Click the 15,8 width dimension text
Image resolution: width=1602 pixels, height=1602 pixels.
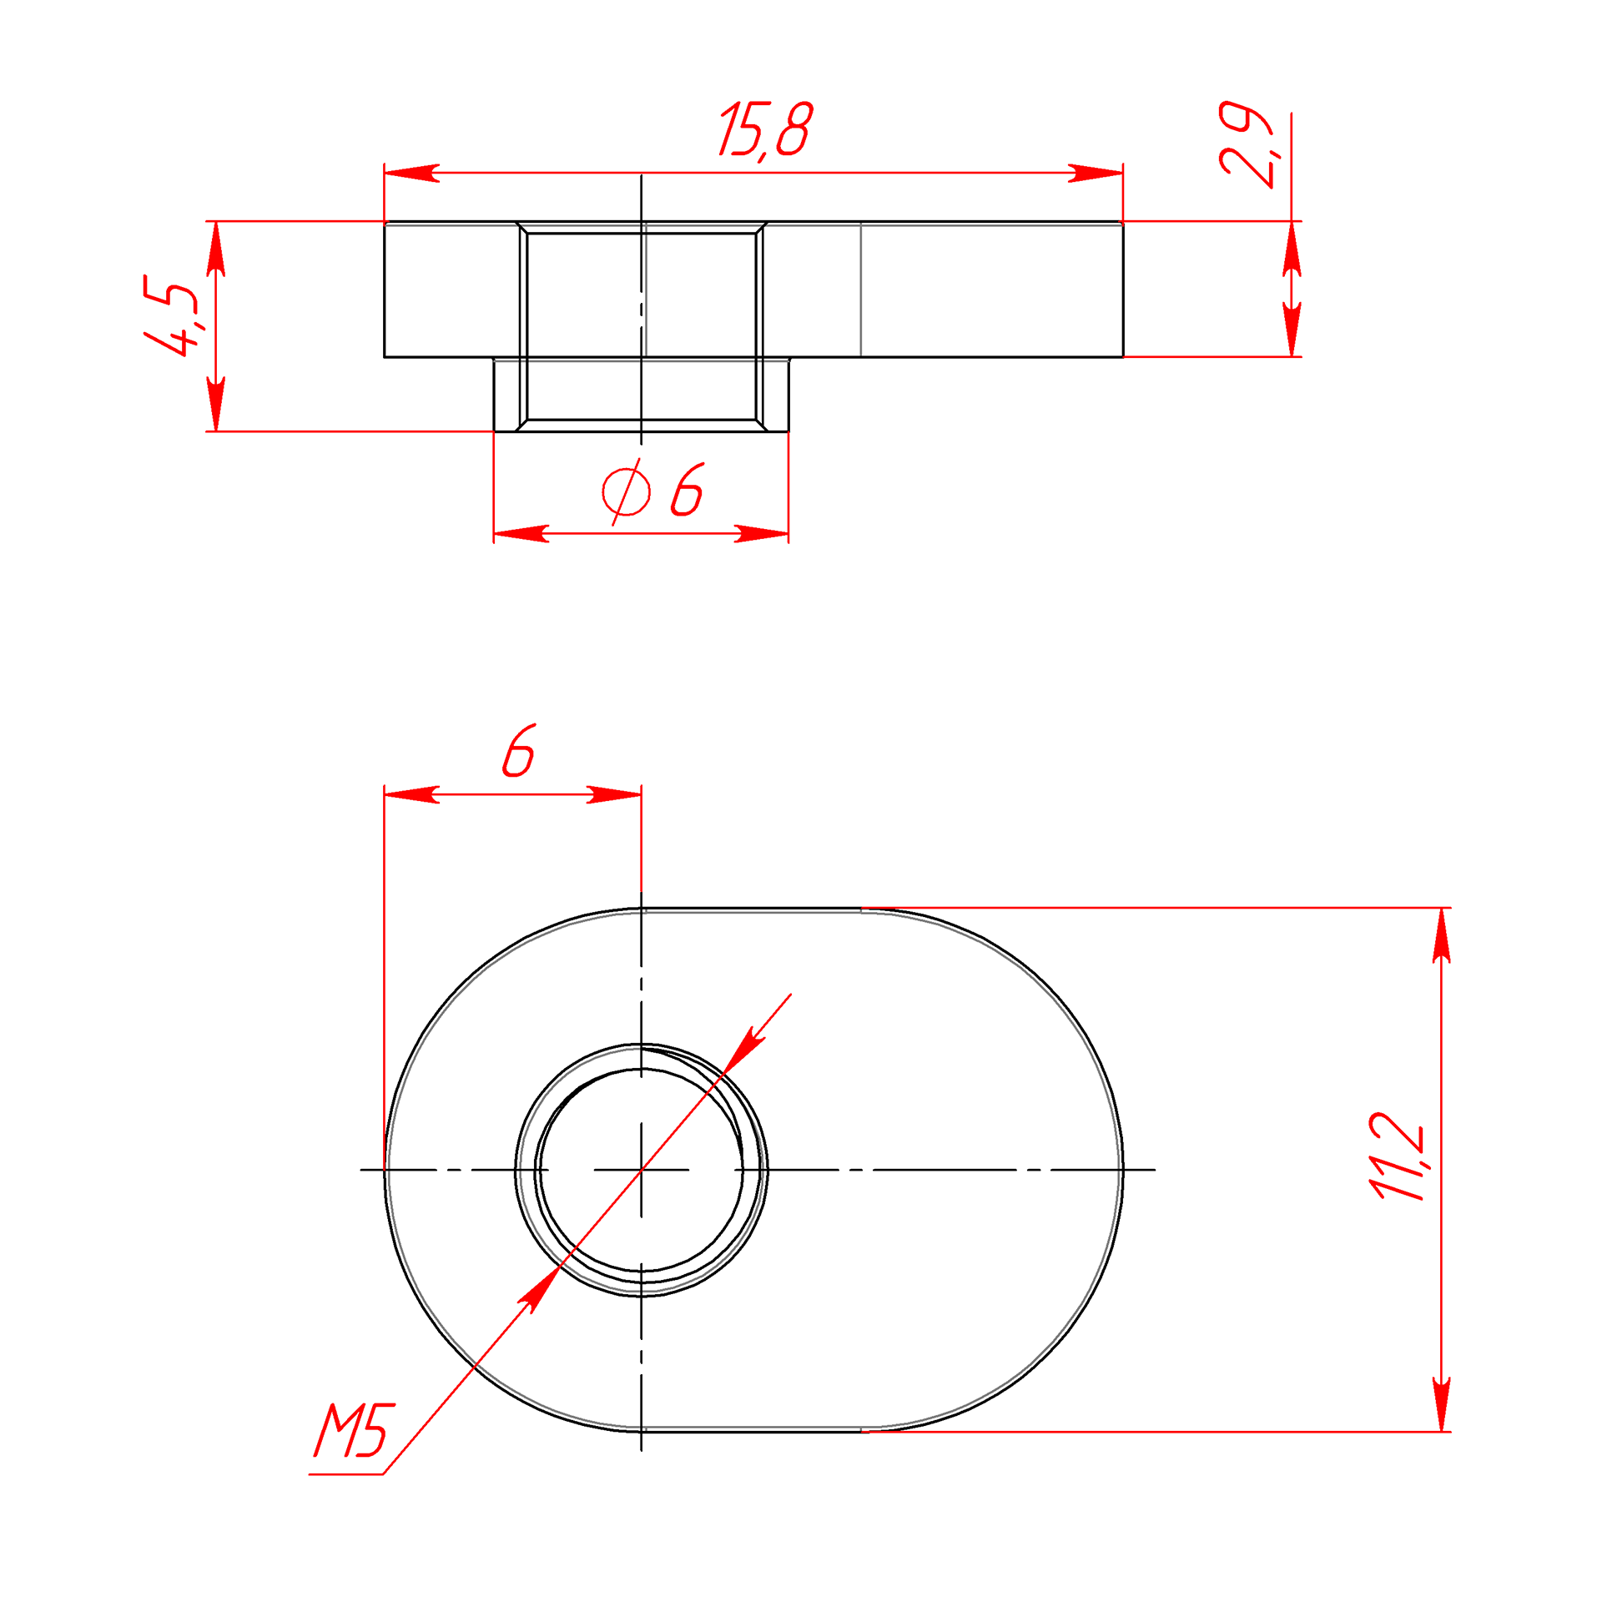(765, 130)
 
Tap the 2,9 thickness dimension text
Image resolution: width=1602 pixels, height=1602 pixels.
(1246, 144)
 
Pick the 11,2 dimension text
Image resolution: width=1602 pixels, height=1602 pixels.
(1398, 1156)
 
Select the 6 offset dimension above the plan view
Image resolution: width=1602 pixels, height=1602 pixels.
(518, 750)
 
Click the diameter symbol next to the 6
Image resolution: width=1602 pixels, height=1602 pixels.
(626, 491)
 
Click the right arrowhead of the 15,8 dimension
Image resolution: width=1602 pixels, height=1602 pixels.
(1096, 174)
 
